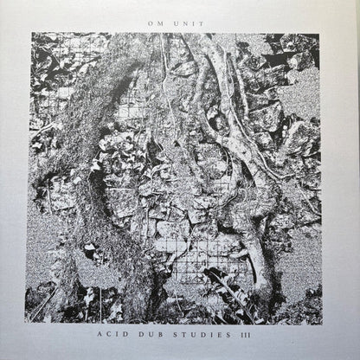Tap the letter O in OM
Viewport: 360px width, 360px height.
(x=150, y=23)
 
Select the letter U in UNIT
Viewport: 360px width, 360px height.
(x=176, y=23)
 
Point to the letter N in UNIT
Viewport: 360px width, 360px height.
(x=183, y=23)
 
